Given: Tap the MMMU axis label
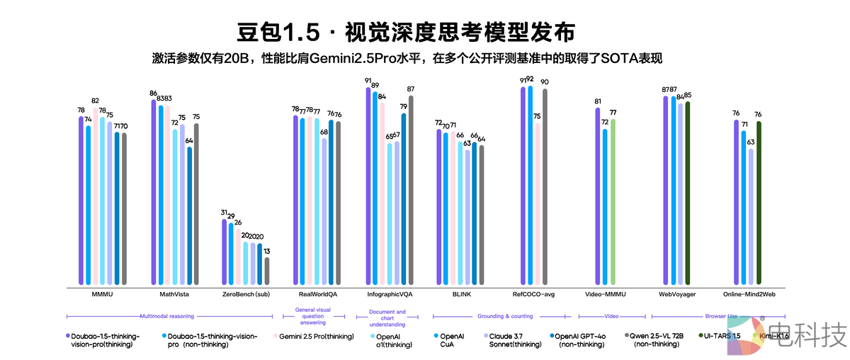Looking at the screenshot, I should [x=103, y=294].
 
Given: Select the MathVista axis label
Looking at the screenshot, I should [x=174, y=294].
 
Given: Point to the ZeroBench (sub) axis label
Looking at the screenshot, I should [x=246, y=294].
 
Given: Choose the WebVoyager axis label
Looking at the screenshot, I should [x=677, y=294].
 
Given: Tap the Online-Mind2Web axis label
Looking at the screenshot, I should [x=749, y=294].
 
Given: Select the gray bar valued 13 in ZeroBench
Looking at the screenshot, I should [x=266, y=271].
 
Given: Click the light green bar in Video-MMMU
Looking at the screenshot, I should [x=613, y=201].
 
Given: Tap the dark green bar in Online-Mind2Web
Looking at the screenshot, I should [x=759, y=203].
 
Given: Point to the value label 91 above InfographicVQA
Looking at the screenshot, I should [x=368, y=81].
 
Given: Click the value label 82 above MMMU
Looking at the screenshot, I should [x=95, y=101].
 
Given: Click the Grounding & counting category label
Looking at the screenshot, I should [x=500, y=317].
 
